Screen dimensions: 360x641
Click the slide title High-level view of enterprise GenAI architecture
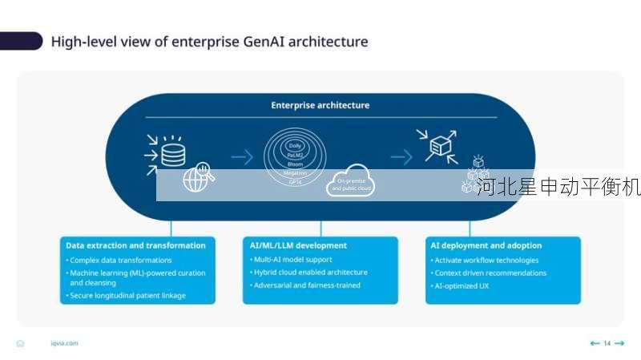point(209,42)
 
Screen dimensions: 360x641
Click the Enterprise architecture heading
point(320,105)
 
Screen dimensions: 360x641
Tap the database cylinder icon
point(172,150)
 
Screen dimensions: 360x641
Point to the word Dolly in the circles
point(295,146)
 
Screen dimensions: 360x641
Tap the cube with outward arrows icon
point(439,147)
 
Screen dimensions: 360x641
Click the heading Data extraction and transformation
point(135,245)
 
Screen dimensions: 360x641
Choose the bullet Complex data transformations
point(120,260)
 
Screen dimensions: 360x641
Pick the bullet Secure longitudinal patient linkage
point(127,295)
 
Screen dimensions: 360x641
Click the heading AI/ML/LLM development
point(298,245)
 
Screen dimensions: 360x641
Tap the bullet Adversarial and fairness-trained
point(306,285)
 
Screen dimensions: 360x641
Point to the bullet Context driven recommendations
point(490,273)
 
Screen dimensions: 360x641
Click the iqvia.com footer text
point(64,343)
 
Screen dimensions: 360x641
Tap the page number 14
point(607,343)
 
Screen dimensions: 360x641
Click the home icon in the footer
point(20,343)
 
